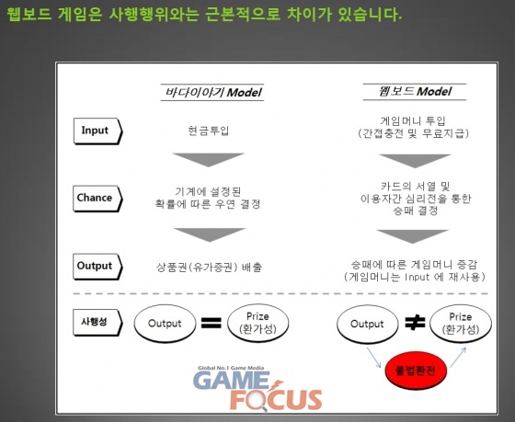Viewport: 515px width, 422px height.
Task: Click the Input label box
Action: coord(97,131)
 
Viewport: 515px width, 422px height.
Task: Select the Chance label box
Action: coord(97,199)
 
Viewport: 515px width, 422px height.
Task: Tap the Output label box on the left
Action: coord(97,267)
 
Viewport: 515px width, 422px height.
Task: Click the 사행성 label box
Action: coord(97,322)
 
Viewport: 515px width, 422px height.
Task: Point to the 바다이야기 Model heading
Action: coord(212,93)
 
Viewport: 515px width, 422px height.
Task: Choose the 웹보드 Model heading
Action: coord(415,92)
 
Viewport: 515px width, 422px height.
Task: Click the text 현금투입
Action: coord(208,131)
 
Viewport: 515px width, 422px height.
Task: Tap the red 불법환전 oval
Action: coord(416,371)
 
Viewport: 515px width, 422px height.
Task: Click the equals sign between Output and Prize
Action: coord(211,323)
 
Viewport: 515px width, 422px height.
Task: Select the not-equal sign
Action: coord(415,323)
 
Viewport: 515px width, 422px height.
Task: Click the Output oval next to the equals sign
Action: coord(165,324)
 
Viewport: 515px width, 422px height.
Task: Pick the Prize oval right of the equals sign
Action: coord(257,323)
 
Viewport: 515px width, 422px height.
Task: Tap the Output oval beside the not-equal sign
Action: coord(367,325)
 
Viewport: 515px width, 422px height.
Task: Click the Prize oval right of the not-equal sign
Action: coord(461,324)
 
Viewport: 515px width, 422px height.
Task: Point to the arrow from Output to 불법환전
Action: coord(373,357)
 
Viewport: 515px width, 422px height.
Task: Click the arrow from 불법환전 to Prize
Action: coord(458,357)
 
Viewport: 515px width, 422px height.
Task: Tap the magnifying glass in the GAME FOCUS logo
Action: coord(257,401)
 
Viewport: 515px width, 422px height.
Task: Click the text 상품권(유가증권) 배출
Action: coord(210,267)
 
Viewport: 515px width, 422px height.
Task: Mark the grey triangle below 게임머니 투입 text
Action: coord(415,161)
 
